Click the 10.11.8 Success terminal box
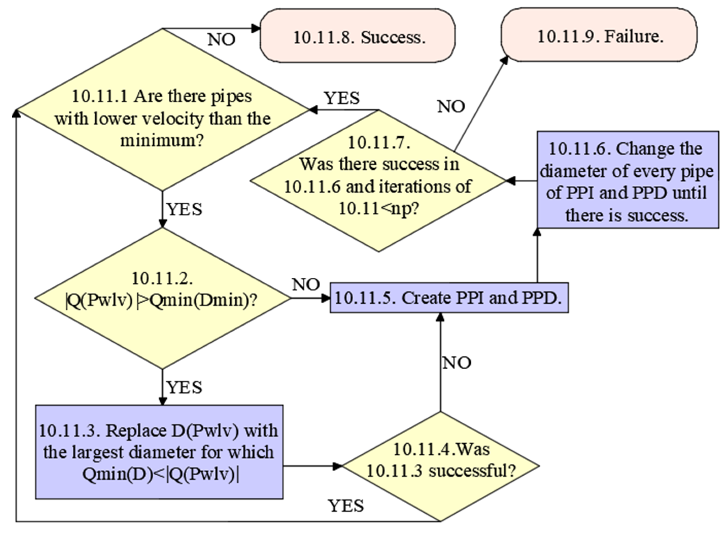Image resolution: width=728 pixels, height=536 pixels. tap(357, 36)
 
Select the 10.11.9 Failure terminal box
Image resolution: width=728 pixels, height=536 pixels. tap(599, 35)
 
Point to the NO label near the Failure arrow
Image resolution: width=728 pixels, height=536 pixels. tap(451, 106)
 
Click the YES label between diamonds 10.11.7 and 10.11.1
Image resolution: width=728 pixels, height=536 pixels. tap(342, 98)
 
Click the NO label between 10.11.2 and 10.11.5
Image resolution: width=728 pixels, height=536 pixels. tap(306, 284)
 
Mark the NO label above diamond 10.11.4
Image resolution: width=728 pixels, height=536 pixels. tap(457, 362)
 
